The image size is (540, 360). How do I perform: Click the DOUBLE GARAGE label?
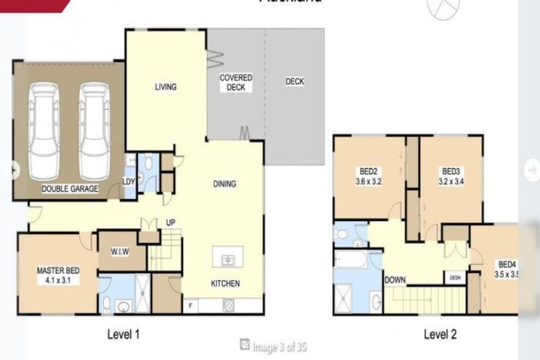tap(70, 189)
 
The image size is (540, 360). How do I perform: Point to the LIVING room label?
tap(166, 87)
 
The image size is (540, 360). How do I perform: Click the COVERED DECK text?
tap(236, 82)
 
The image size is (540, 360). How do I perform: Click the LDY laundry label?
tap(129, 181)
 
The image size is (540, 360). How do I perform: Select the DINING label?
tap(224, 184)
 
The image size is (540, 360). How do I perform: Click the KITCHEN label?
tap(225, 284)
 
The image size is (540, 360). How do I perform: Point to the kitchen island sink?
tap(227, 259)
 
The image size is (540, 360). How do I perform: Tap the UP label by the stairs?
tap(170, 223)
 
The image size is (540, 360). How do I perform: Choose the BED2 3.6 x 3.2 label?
tap(369, 175)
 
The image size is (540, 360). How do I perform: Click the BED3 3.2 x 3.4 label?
tap(451, 175)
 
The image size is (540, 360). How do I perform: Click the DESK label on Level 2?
tap(455, 278)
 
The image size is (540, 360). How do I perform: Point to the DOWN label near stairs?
tap(395, 280)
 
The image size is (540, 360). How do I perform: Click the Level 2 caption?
tap(440, 335)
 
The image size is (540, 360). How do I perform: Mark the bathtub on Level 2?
tap(351, 260)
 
